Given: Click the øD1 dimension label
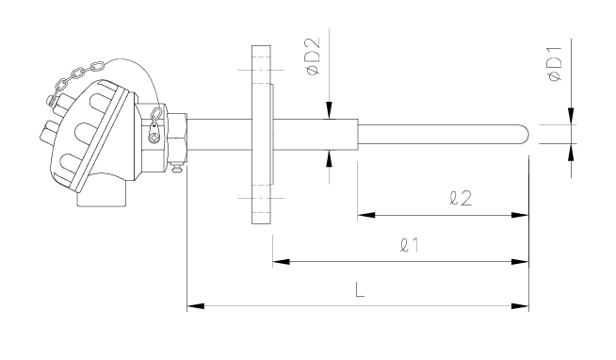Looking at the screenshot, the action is (555, 64).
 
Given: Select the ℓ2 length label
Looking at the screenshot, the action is (461, 198).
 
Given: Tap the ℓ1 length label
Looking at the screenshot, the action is (410, 245).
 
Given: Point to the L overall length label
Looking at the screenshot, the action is (360, 289).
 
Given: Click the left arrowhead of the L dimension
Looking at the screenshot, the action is (195, 305).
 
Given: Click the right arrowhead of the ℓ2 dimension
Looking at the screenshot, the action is (520, 215).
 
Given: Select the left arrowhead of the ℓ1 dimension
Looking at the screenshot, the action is (281, 261).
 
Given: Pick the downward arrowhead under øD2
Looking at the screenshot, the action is (329, 110).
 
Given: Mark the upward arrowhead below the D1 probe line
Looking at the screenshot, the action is (571, 152).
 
